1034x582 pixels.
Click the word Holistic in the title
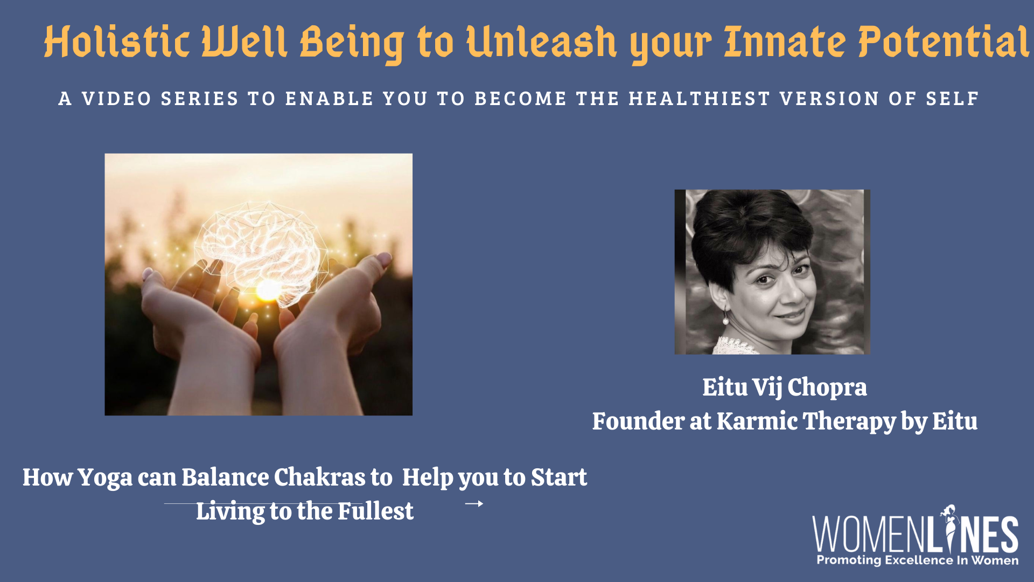pyautogui.click(x=117, y=41)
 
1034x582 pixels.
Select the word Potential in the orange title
pyautogui.click(x=944, y=41)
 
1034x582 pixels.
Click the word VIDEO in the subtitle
pyautogui.click(x=116, y=99)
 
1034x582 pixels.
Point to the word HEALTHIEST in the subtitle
pyautogui.click(x=700, y=99)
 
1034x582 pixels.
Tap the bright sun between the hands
pyautogui.click(x=268, y=290)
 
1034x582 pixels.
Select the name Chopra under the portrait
pyautogui.click(x=827, y=387)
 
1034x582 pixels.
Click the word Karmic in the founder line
pyautogui.click(x=757, y=421)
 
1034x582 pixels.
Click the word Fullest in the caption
pyautogui.click(x=375, y=511)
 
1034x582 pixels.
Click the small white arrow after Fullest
pyautogui.click(x=474, y=504)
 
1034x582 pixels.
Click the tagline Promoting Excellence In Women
pyautogui.click(x=918, y=560)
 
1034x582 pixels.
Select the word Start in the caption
pyautogui.click(x=559, y=477)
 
